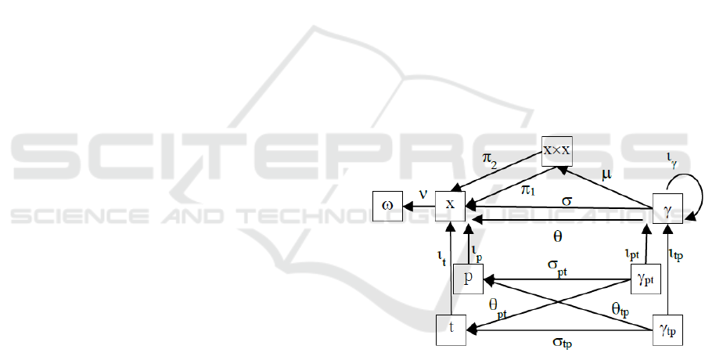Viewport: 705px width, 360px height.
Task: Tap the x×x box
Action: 558,149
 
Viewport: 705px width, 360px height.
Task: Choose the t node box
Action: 451,329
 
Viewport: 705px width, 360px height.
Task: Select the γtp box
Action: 667,329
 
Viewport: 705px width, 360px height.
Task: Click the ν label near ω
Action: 423,194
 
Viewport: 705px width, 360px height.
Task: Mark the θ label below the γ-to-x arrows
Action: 557,233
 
